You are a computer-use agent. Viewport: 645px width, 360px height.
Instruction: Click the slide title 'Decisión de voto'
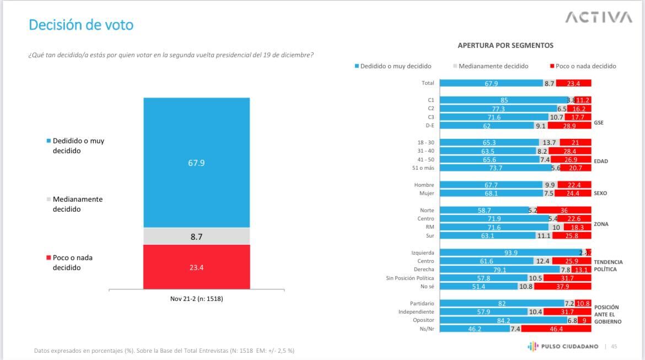(x=81, y=25)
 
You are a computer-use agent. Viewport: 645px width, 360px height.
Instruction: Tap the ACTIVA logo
(x=598, y=18)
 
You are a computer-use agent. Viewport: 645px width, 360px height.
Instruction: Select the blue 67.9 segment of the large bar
(x=196, y=163)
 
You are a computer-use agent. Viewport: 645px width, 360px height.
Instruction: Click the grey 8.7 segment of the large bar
(x=196, y=236)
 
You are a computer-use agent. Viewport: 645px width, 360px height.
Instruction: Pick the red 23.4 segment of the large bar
(x=196, y=267)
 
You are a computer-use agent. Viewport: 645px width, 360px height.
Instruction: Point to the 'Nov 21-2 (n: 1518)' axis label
(x=196, y=299)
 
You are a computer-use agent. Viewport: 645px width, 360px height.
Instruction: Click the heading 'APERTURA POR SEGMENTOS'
(x=505, y=45)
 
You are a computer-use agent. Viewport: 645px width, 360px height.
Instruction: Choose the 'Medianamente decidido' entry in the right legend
(x=493, y=66)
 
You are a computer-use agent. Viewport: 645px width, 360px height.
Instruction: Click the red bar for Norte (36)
(x=564, y=210)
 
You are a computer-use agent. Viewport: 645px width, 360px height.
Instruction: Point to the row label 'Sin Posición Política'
(x=410, y=278)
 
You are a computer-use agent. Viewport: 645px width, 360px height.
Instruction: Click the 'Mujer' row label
(x=426, y=194)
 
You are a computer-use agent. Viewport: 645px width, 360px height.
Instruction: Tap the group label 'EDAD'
(x=601, y=162)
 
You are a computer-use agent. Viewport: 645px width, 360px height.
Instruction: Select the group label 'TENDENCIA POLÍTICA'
(x=608, y=265)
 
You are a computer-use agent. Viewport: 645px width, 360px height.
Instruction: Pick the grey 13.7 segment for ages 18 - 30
(x=549, y=142)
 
